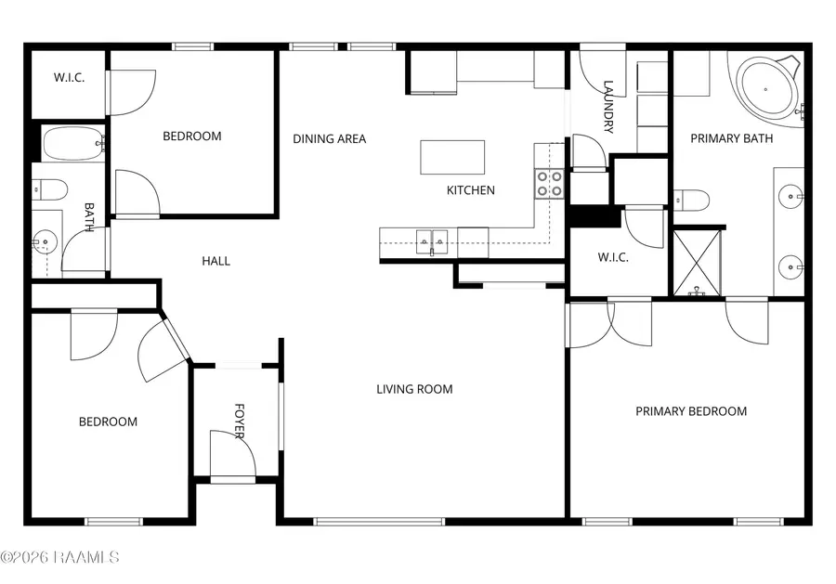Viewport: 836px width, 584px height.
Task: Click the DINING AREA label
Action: pyautogui.click(x=330, y=139)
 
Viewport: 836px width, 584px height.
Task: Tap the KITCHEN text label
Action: pyautogui.click(x=471, y=190)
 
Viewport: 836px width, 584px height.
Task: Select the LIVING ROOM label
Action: pyautogui.click(x=415, y=390)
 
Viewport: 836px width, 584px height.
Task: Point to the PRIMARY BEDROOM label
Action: pyautogui.click(x=691, y=411)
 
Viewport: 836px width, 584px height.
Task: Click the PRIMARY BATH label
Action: pyautogui.click(x=732, y=138)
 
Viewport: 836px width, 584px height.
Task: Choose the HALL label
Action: pyautogui.click(x=216, y=261)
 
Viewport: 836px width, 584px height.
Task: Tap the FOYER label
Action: pyautogui.click(x=240, y=421)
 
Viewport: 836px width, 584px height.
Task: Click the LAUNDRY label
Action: pyautogui.click(x=608, y=107)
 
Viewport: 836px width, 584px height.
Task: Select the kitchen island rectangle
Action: pyautogui.click(x=452, y=157)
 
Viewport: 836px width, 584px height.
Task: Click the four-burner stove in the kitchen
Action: pyautogui.click(x=549, y=183)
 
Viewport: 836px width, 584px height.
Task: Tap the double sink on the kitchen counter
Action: pyautogui.click(x=432, y=242)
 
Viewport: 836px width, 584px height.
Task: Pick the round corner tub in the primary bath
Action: pyautogui.click(x=766, y=89)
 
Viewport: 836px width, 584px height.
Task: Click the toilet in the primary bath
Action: pyautogui.click(x=691, y=201)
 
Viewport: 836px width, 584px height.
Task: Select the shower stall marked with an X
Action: pyautogui.click(x=697, y=263)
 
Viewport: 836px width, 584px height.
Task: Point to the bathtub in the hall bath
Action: pyautogui.click(x=73, y=143)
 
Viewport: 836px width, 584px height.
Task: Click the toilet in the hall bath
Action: pyautogui.click(x=49, y=189)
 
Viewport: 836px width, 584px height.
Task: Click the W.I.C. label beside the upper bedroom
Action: pyautogui.click(x=70, y=78)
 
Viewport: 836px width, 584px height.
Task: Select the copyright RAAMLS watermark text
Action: pyautogui.click(x=59, y=557)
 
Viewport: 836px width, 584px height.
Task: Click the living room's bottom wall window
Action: pyautogui.click(x=379, y=522)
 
